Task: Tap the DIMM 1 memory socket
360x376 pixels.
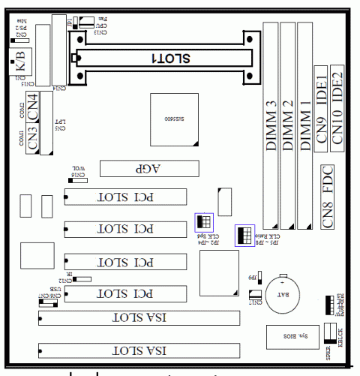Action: tap(304, 120)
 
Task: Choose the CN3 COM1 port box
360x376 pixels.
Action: tap(32, 140)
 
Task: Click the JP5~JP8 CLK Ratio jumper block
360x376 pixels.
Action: tap(243, 234)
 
